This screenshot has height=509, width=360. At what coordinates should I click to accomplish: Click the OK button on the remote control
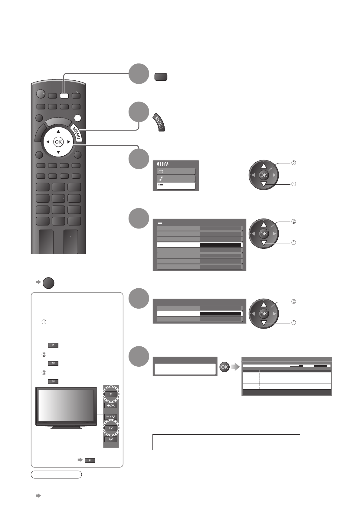click(58, 142)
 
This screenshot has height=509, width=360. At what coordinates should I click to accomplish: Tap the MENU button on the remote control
click(76, 133)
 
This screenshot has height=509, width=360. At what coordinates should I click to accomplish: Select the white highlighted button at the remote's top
click(64, 96)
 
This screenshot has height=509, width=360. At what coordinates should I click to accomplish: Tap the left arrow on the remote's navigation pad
click(48, 142)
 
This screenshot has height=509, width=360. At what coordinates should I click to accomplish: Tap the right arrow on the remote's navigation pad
click(69, 142)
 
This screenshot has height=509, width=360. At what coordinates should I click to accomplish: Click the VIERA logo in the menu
click(163, 164)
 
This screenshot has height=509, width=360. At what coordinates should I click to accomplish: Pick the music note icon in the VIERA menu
click(161, 179)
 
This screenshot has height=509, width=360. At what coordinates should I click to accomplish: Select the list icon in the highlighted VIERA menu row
click(161, 186)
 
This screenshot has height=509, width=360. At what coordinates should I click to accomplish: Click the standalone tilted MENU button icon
click(160, 123)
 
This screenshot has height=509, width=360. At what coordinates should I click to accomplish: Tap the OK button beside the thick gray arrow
click(224, 367)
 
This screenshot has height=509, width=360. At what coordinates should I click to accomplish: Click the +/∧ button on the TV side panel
click(111, 406)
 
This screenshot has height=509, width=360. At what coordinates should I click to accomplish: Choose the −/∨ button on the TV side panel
click(111, 417)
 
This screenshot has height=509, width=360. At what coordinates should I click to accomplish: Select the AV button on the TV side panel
click(111, 439)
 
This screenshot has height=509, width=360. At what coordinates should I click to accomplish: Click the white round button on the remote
click(78, 118)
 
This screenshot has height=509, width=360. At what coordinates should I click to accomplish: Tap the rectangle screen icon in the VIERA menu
click(161, 171)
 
